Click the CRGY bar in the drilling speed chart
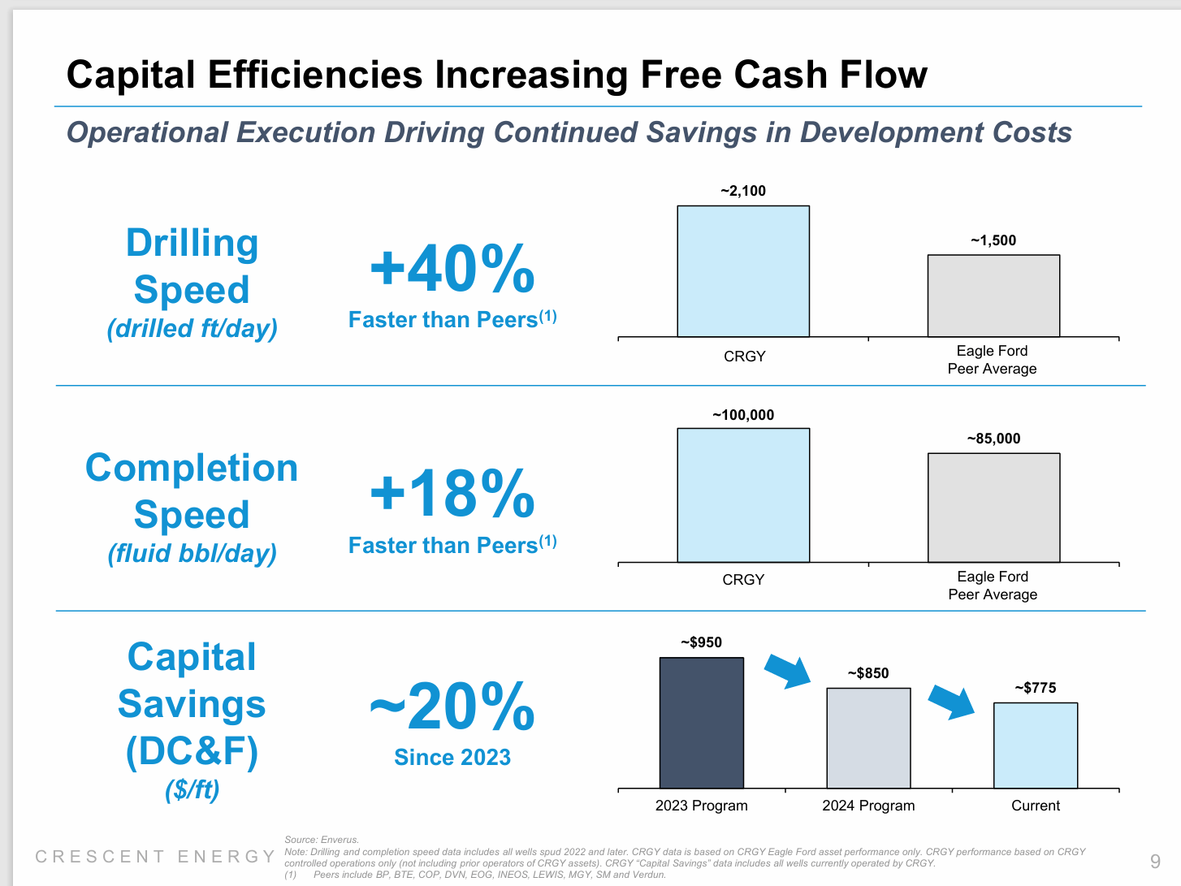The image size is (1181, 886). tap(743, 271)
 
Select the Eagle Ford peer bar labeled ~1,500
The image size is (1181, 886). tap(993, 296)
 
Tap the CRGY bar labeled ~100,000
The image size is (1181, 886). tap(743, 495)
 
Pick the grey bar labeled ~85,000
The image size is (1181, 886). tap(993, 508)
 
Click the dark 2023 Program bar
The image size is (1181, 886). tap(701, 723)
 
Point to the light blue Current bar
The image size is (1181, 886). tap(1036, 745)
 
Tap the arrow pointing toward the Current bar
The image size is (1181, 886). tap(953, 702)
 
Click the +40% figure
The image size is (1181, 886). tap(452, 270)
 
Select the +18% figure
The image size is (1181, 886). tap(452, 494)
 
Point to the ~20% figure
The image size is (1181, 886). tap(452, 707)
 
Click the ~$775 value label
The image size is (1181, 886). tap(1036, 688)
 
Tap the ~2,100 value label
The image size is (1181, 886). tap(743, 191)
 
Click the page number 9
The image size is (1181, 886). tap(1155, 862)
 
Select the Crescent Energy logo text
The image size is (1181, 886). tap(155, 857)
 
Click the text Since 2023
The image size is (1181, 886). tap(452, 758)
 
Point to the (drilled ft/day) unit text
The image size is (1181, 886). tap(193, 329)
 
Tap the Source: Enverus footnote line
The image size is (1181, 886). tap(322, 840)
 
